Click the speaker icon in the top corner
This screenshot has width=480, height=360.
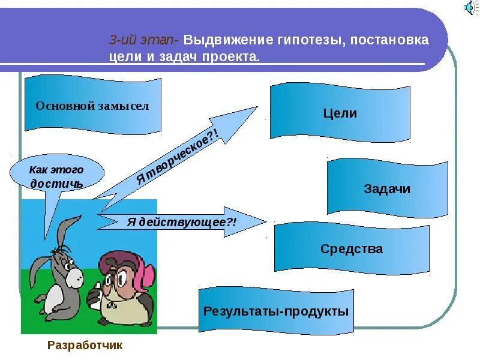[470, 8]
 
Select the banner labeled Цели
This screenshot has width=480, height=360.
[340, 113]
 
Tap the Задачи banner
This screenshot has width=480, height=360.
[387, 188]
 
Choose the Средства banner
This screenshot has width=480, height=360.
[352, 248]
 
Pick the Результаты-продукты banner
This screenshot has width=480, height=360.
[276, 311]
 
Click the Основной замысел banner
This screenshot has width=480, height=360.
[92, 106]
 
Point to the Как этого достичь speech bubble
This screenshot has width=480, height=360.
[57, 175]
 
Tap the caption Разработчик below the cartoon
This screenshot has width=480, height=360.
[85, 345]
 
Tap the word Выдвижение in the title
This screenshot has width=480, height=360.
[223, 41]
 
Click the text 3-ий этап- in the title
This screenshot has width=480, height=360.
[143, 41]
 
